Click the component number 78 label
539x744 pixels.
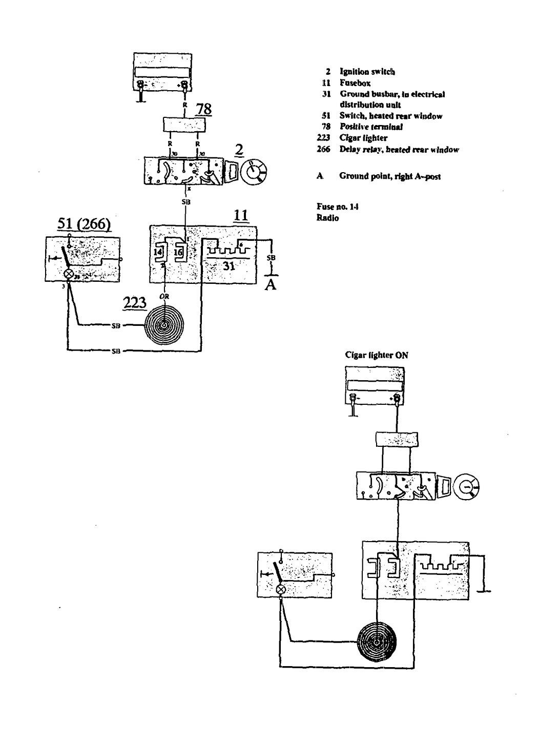[204, 109]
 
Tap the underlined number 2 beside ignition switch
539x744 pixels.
[238, 150]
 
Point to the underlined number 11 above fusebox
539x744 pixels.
[241, 216]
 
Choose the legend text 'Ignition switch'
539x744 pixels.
[367, 72]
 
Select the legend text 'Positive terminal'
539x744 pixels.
[371, 127]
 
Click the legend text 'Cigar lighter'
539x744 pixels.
[364, 138]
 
